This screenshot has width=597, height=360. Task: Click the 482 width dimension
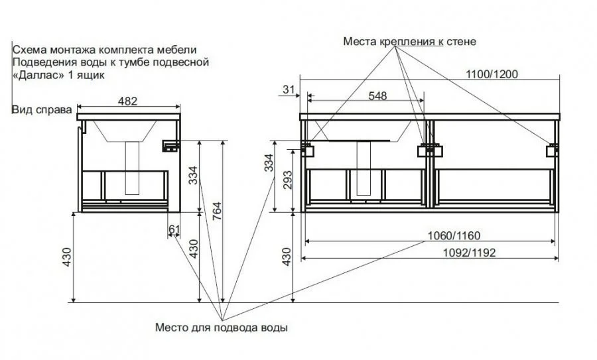point(127,101)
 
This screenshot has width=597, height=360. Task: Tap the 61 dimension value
point(174,229)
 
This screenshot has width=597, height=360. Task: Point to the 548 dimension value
point(377,96)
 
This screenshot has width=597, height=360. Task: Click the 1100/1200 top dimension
point(492,74)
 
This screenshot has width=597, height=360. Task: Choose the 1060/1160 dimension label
point(454,236)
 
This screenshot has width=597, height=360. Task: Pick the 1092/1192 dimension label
point(470,253)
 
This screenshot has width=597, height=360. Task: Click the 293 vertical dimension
point(287,180)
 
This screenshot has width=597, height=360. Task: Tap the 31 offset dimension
point(289,90)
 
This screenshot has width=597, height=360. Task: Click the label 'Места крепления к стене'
point(410,41)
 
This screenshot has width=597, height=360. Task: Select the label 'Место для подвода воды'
point(221,328)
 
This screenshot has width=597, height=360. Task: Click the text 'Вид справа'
point(42,110)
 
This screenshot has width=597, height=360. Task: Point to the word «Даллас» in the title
point(39,75)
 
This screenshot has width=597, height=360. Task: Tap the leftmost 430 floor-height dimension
point(66,257)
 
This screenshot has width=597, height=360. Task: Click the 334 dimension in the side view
point(194,176)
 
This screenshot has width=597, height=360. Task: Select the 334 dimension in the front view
point(269,162)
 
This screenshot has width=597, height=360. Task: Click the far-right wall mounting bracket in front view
point(553,150)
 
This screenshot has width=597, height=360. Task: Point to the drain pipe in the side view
point(133,168)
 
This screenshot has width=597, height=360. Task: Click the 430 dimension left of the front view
point(287,257)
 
